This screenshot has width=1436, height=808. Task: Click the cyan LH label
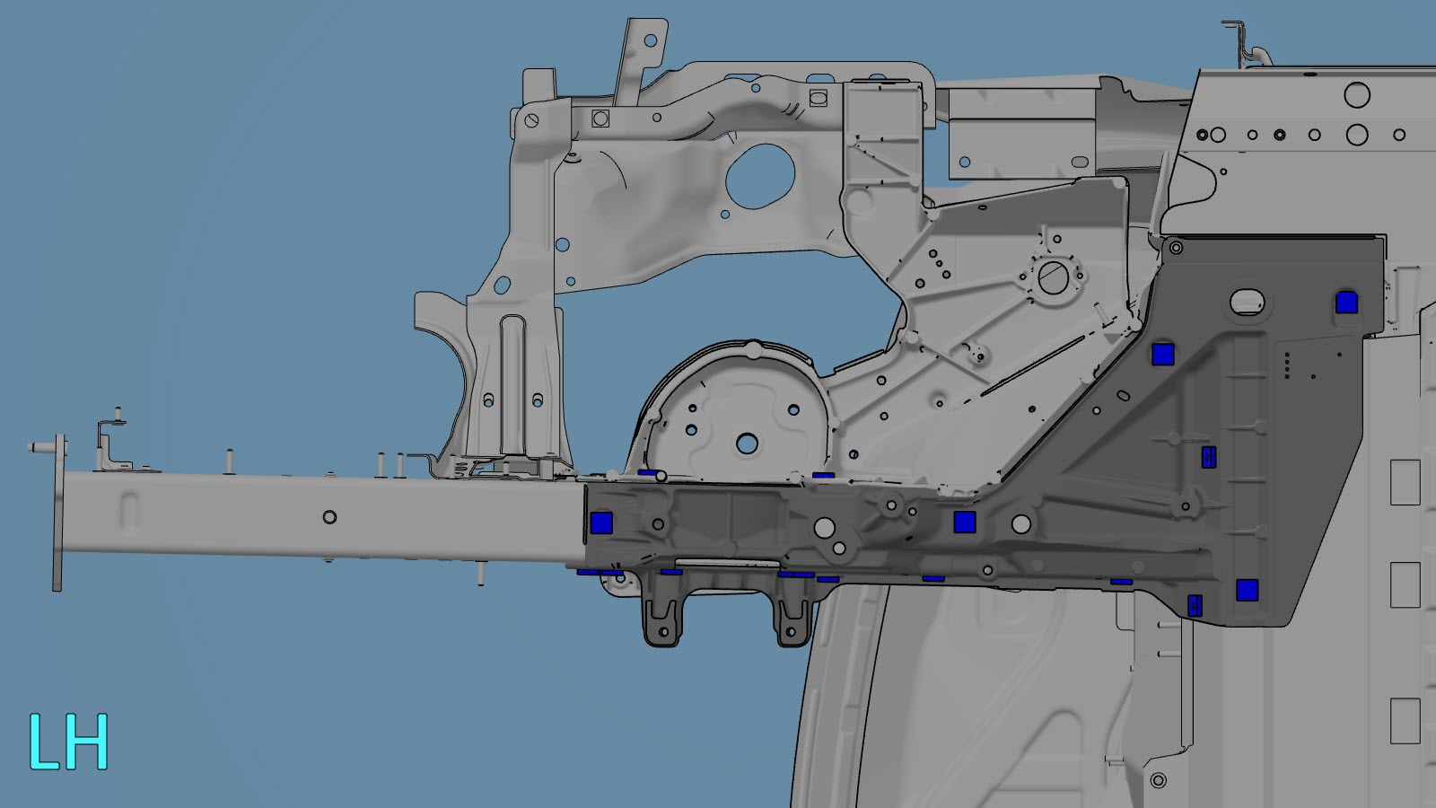[x=68, y=742]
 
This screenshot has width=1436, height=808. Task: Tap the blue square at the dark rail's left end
[x=600, y=523]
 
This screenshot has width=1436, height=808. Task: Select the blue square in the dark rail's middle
[x=964, y=522]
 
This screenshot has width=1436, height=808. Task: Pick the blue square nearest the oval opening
[x=1346, y=303]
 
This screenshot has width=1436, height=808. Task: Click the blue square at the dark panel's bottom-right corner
[x=1247, y=590]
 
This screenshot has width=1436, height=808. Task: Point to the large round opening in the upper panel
[x=760, y=176]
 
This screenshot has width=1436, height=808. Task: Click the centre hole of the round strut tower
[x=747, y=444]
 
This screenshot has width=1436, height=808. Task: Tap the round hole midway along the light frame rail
[x=329, y=517]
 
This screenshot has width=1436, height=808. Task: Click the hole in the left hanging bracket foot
[x=663, y=632]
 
